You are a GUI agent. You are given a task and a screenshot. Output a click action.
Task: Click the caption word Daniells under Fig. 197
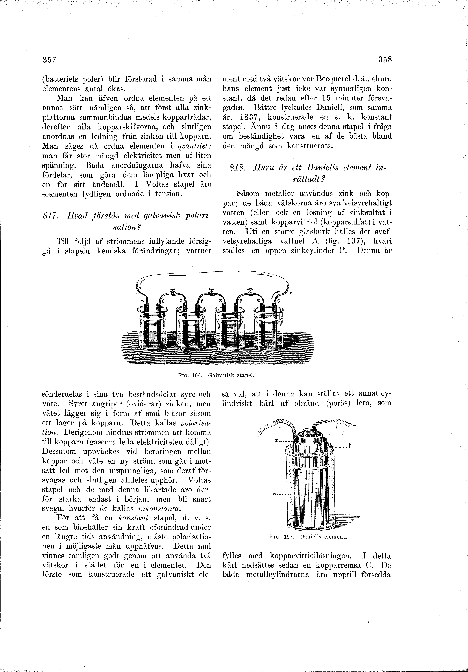pos(313,537)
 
